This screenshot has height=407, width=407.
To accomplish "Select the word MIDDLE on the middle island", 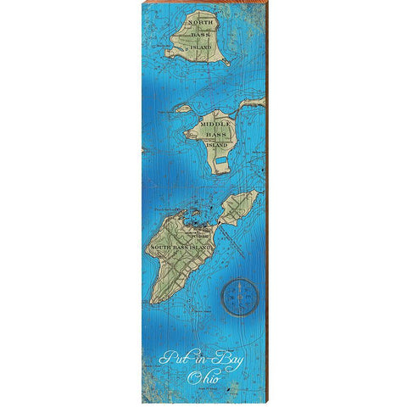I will coord(214,125).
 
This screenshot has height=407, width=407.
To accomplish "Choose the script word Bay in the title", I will coord(227,357).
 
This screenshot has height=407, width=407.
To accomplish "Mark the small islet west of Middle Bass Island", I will coord(181,109).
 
